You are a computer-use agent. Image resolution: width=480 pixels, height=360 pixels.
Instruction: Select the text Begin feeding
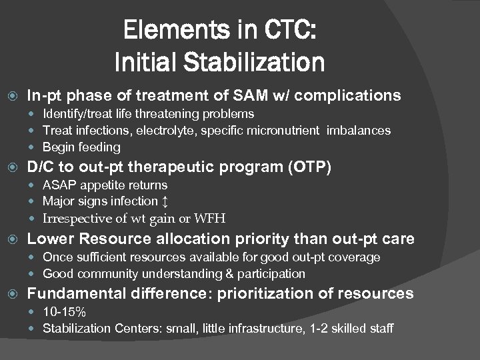pyautogui.click(x=81, y=147)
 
